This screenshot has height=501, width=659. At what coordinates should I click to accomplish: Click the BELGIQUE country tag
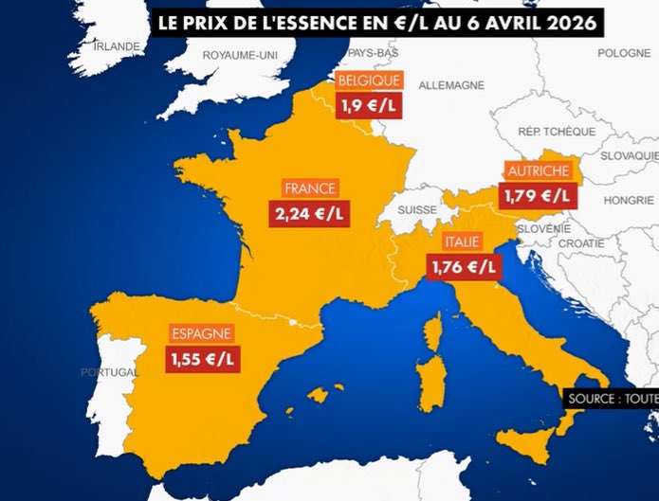point(370,81)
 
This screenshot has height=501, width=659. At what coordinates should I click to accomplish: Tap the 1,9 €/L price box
point(370,105)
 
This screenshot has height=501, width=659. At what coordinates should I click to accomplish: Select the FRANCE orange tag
point(309,188)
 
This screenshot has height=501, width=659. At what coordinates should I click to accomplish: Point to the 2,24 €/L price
point(309,212)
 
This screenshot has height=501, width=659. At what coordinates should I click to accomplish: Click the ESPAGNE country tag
point(201,333)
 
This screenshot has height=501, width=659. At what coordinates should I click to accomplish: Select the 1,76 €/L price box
point(466,268)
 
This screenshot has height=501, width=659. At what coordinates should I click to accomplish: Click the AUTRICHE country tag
point(539,171)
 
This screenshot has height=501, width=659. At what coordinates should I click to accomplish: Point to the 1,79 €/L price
point(539,196)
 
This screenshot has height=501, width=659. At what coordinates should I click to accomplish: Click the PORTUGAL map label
point(109,371)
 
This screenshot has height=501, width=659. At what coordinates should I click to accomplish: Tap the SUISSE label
point(417,209)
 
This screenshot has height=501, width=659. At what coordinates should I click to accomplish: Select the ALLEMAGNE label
point(451,85)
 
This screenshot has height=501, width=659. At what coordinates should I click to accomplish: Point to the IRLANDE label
point(117,45)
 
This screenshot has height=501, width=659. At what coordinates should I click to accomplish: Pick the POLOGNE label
point(624,53)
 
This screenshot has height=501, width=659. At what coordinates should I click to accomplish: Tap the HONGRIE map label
point(629,200)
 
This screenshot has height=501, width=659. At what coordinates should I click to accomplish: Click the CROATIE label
point(581,243)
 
